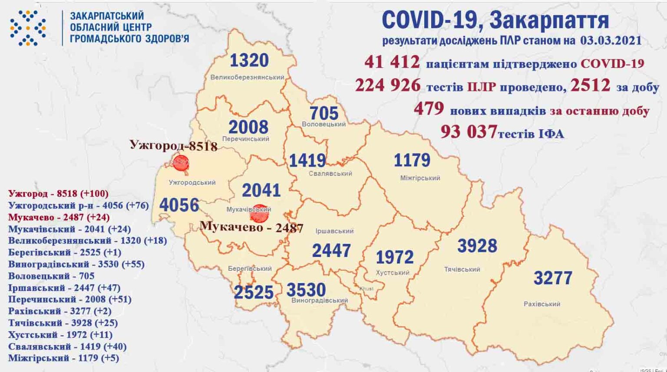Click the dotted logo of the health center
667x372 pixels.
coord(28,28)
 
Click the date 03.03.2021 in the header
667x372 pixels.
coord(611,40)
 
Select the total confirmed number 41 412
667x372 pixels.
coord(392,63)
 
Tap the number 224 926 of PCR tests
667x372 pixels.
coord(387,86)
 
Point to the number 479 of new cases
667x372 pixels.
coord(429,109)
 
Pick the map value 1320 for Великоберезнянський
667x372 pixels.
coord(249,61)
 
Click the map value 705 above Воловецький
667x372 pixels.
coord(324,113)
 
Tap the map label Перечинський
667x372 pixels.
coord(246,139)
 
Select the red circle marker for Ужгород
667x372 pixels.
coord(181,163)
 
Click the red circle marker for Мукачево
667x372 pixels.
coord(259,213)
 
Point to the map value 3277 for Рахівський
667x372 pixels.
coord(553,278)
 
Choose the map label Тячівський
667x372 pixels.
coord(462,270)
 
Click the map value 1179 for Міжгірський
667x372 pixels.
coord(412,161)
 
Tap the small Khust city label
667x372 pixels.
coord(366,289)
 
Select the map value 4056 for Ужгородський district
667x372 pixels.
coord(179,205)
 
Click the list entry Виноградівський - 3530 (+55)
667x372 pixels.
coord(76,264)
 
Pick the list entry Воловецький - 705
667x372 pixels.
coord(51,276)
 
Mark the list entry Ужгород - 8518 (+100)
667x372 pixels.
coord(58,194)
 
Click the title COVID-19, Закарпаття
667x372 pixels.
coord(495,20)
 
